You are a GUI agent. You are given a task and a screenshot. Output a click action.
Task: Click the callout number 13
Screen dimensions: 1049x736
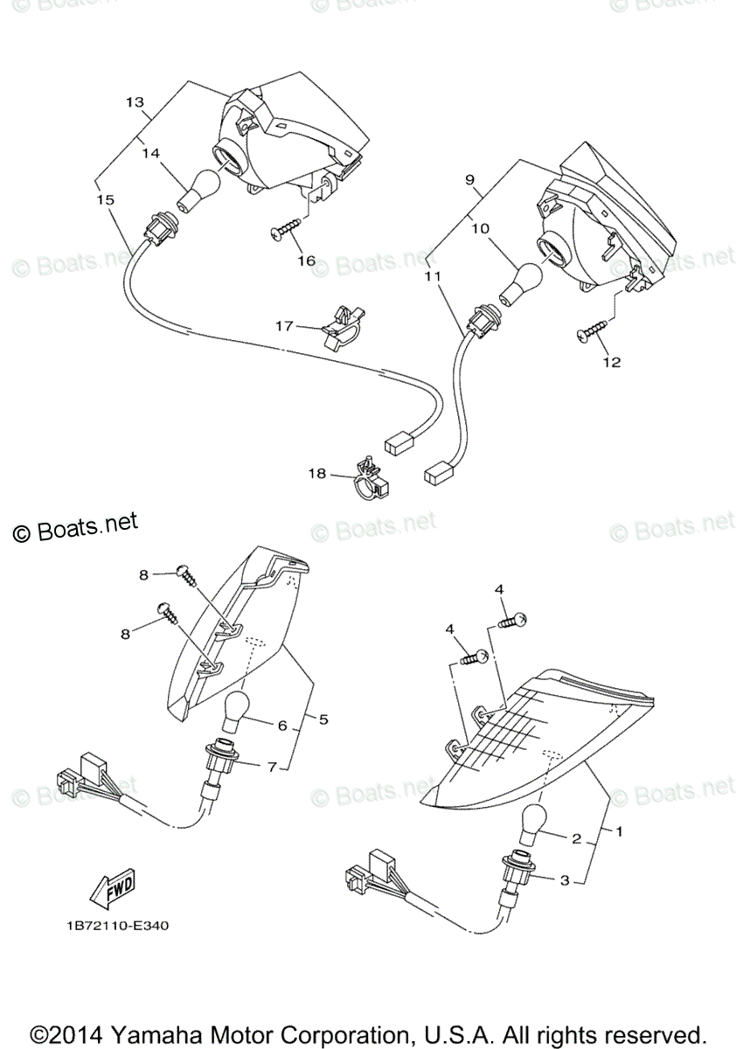(135, 102)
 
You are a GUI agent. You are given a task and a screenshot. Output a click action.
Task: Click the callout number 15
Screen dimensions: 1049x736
(105, 200)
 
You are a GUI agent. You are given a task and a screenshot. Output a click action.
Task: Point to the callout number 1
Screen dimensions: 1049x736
(619, 831)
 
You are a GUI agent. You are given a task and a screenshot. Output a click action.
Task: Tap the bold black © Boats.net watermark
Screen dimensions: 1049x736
(76, 527)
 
